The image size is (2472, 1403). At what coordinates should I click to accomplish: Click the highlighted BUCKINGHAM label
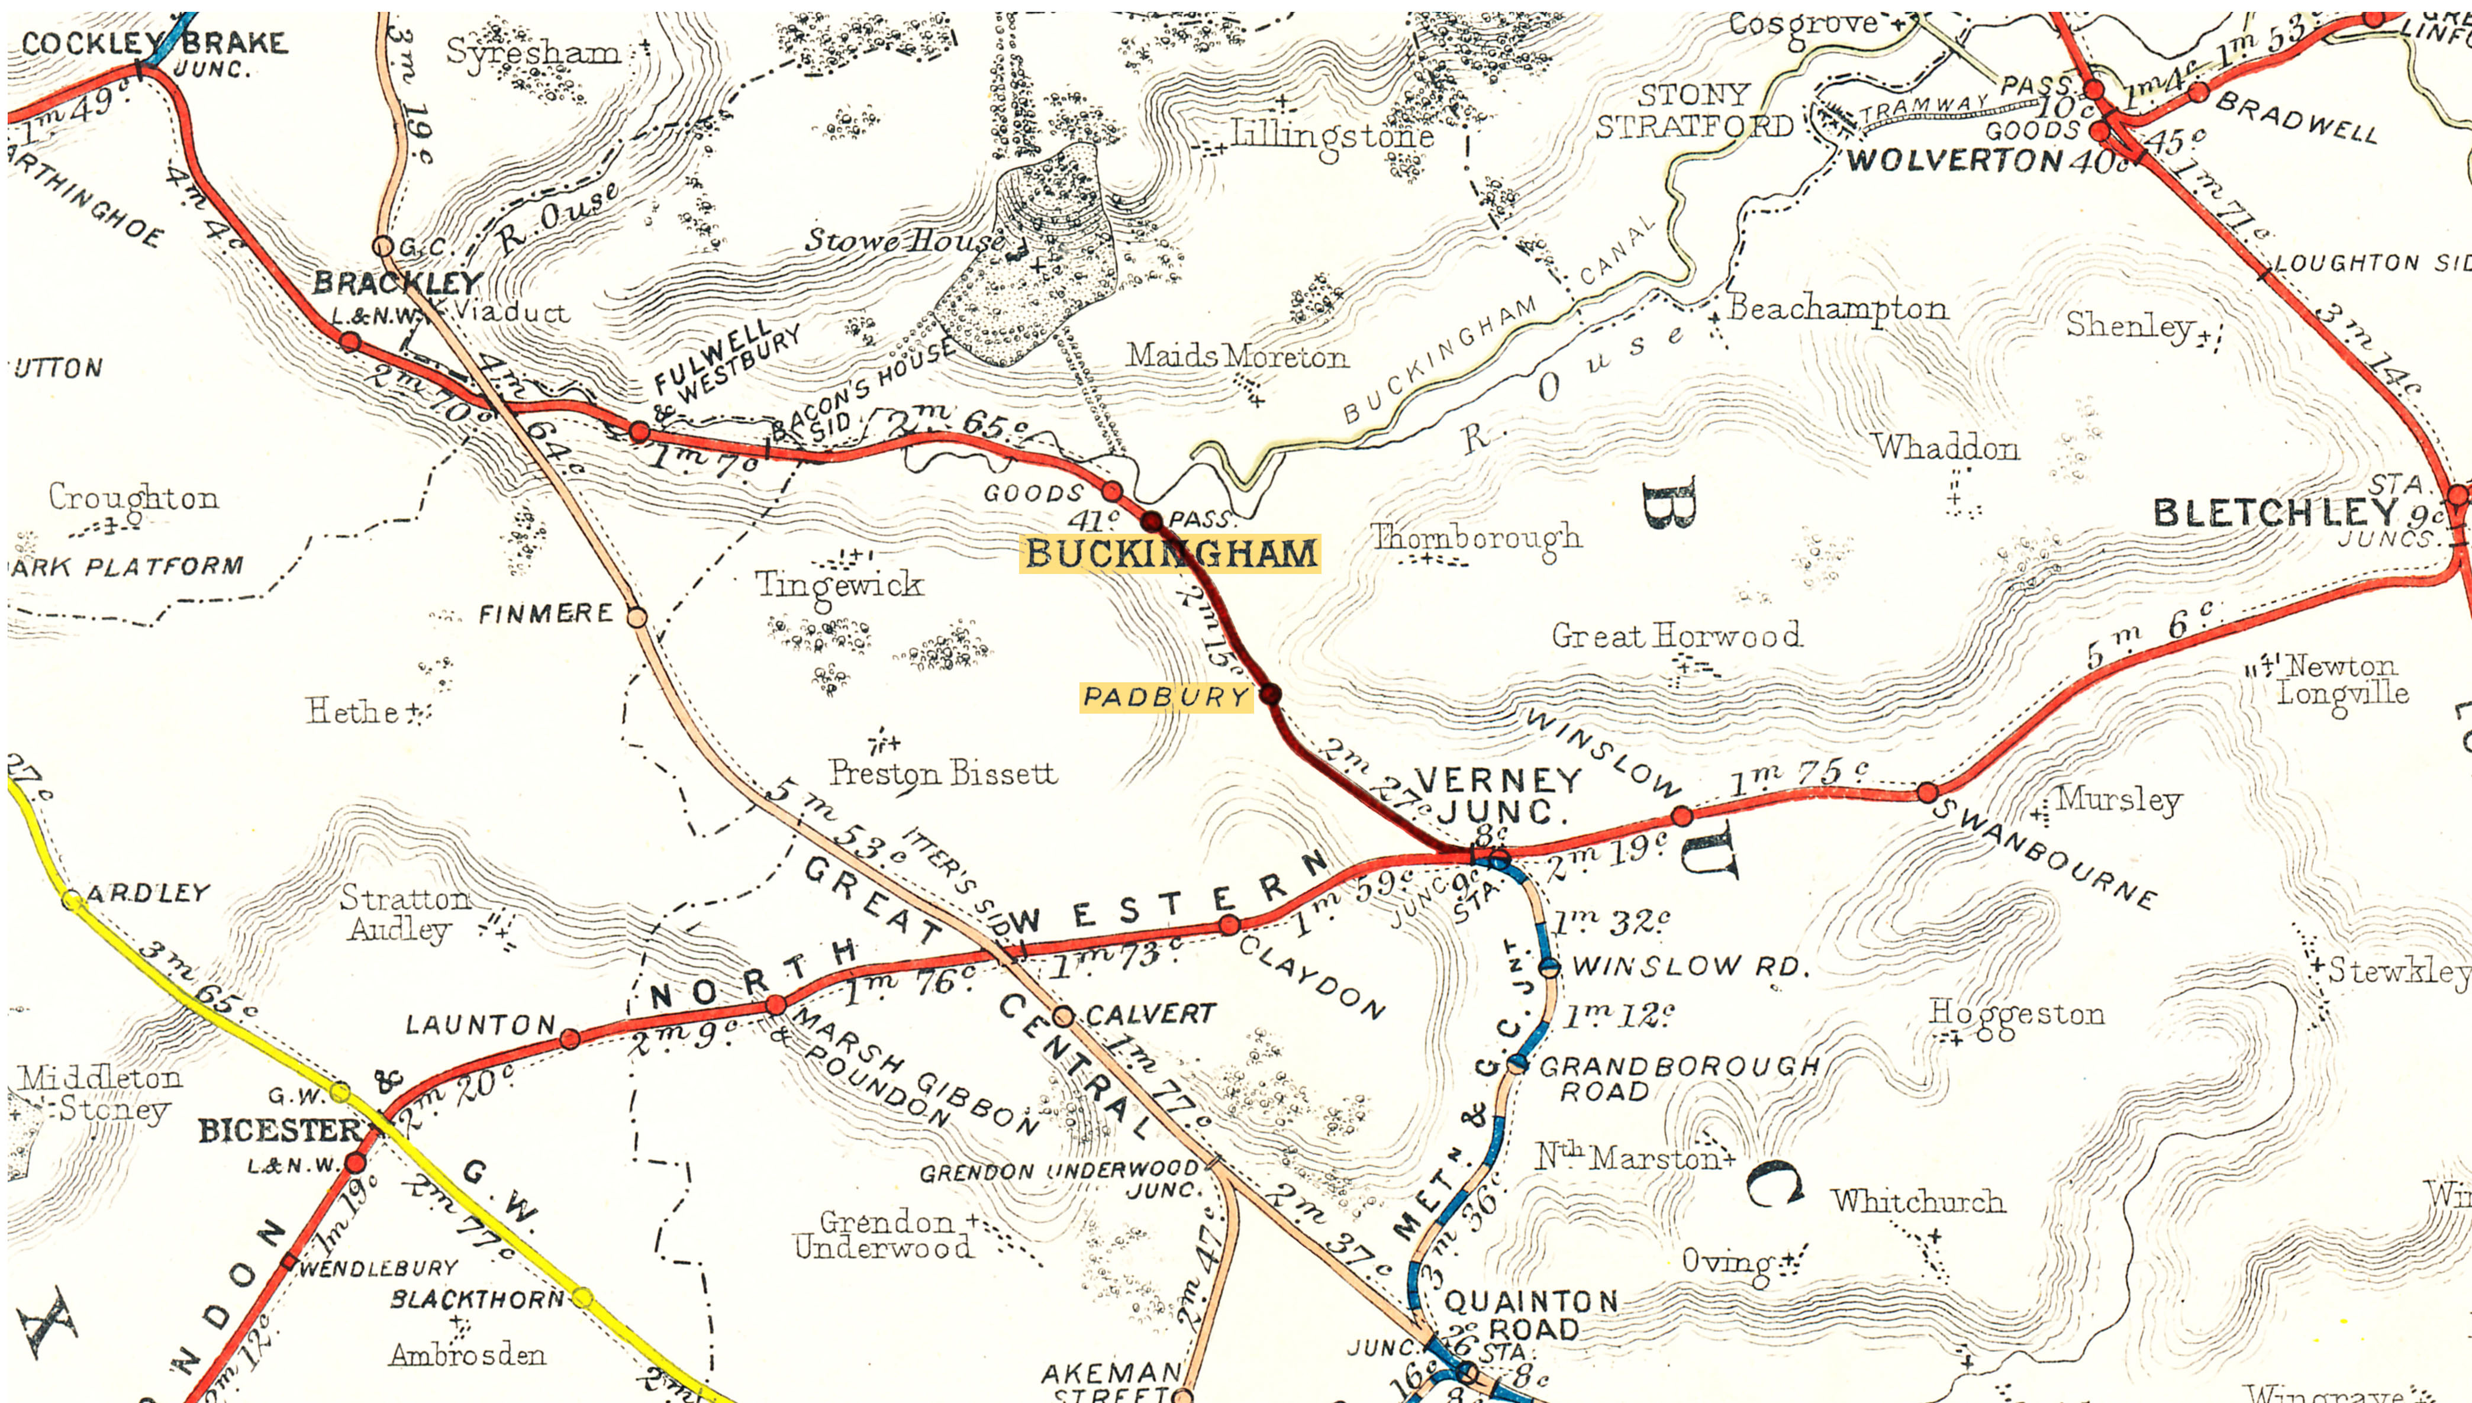1170,554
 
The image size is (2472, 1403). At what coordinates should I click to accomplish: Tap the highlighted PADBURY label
1166,696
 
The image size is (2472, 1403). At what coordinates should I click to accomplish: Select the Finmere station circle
637,617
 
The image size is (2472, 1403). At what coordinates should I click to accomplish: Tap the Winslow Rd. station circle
1549,967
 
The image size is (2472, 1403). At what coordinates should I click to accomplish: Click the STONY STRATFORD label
1694,111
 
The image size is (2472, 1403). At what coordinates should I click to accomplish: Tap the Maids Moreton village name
1237,357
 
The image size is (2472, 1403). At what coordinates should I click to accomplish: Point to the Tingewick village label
839,584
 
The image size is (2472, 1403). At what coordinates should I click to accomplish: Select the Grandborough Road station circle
1518,1065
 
